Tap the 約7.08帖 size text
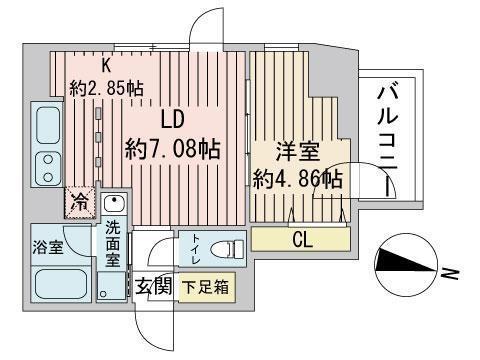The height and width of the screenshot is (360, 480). tap(173, 149)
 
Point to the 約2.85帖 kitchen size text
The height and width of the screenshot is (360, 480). tap(105, 87)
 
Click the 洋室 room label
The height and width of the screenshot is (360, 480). tap(297, 153)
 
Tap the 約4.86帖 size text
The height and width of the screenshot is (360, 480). tap(298, 180)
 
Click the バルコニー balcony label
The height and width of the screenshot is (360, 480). tap(389, 134)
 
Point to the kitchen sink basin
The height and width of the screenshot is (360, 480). tap(47, 125)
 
